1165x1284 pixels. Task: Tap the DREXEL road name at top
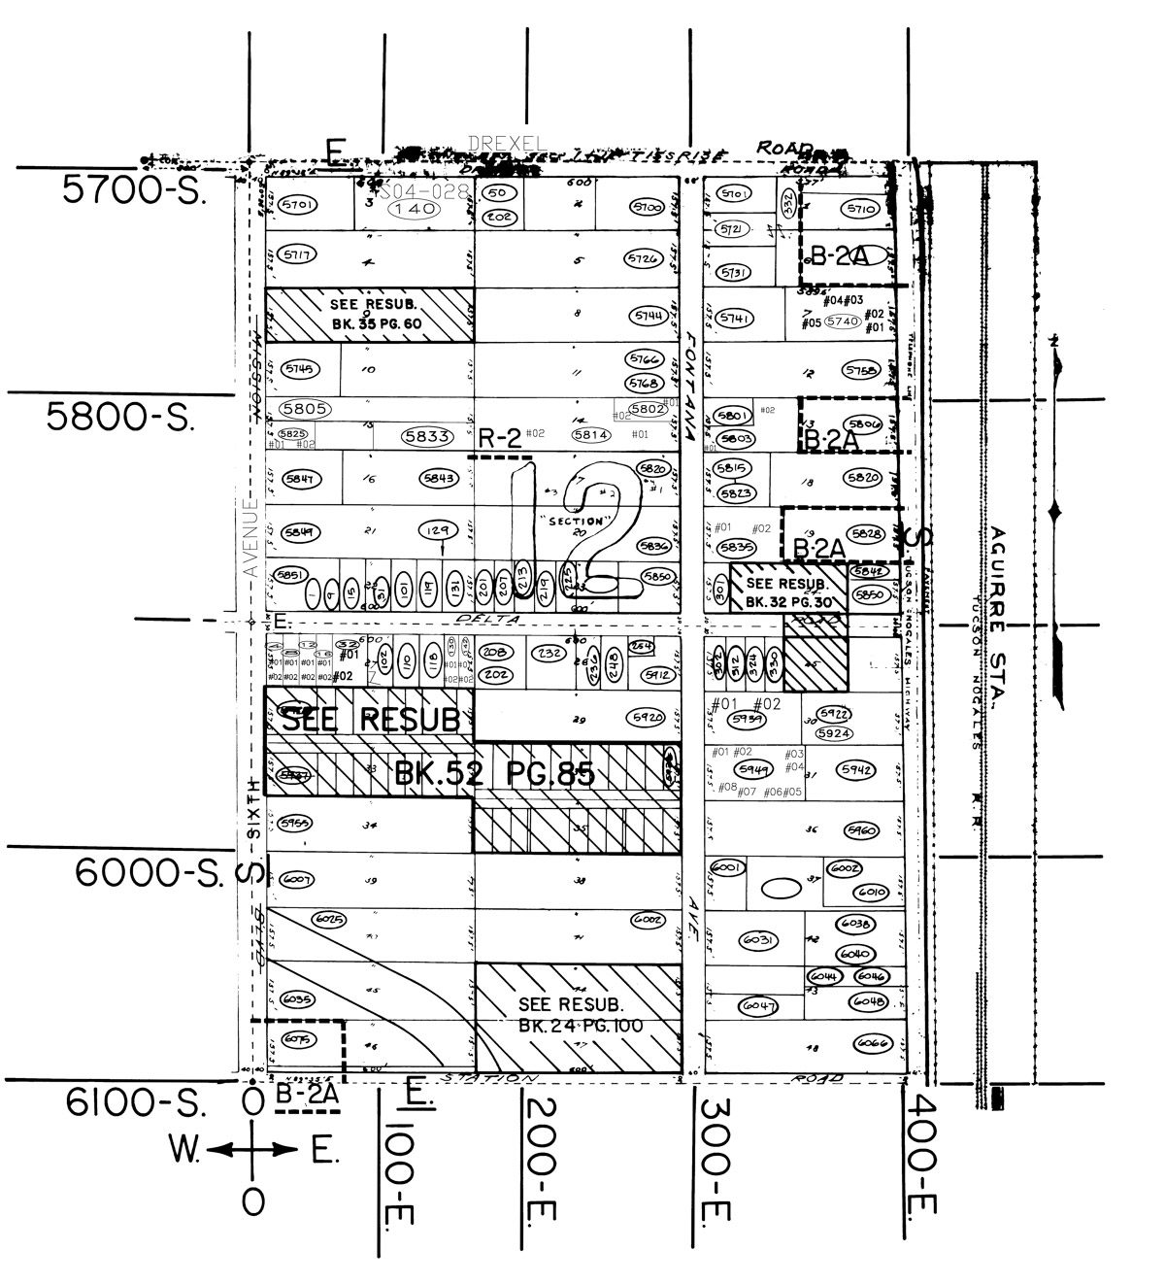(x=507, y=144)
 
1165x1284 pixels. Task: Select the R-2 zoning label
(x=501, y=439)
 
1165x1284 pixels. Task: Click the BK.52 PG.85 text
(x=494, y=774)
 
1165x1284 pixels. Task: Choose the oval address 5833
(x=427, y=437)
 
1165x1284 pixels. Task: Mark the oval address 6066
(x=873, y=1043)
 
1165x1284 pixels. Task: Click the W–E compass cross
(x=252, y=1151)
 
